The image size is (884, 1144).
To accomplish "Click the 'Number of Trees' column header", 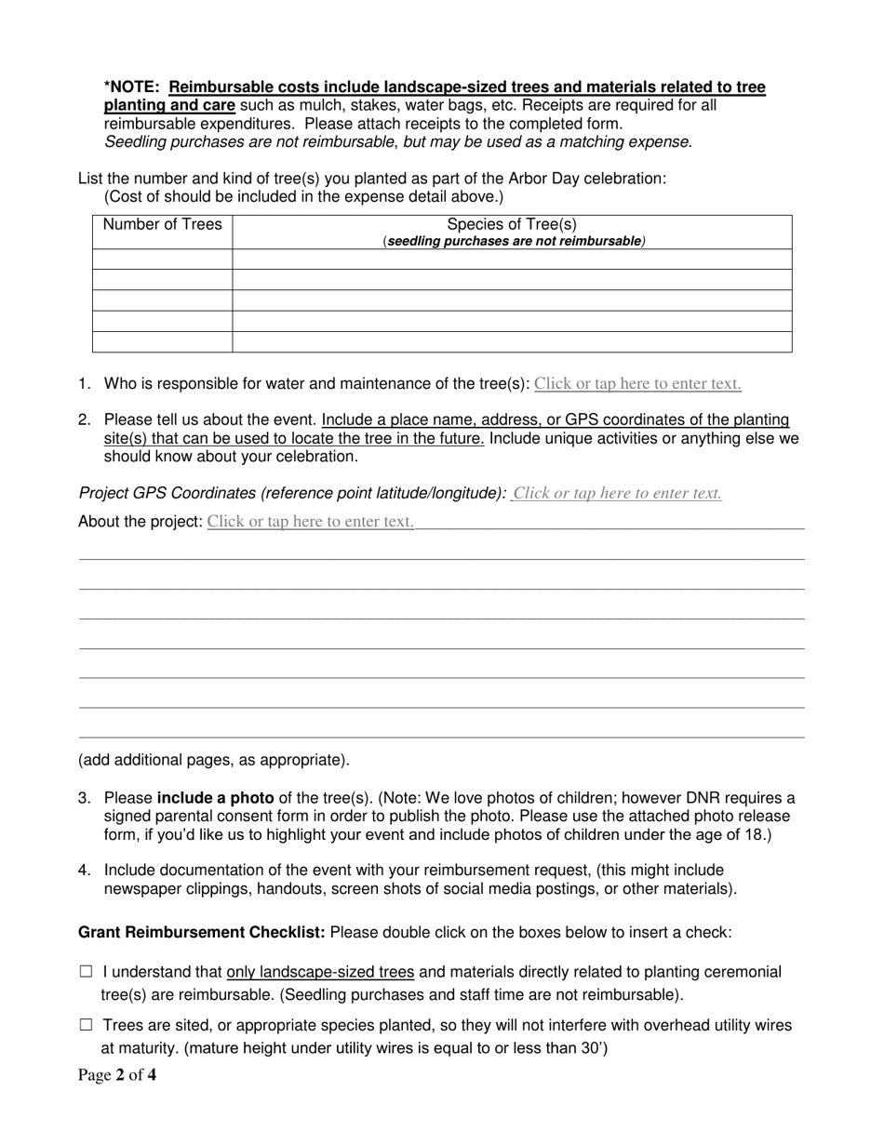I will coord(162,224).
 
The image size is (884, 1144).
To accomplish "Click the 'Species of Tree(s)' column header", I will coord(512,224).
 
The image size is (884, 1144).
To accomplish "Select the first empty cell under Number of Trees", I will coord(162,259).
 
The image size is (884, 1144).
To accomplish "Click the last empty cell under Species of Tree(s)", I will coord(512,342).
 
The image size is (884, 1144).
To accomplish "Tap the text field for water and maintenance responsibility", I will coord(637,383).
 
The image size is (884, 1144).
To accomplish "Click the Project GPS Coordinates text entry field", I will coord(617,493).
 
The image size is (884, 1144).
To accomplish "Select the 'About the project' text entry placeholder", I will coord(310,521).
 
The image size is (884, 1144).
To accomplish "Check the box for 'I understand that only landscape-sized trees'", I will coord(87,972).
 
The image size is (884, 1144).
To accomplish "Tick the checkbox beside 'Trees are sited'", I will coord(87,1025).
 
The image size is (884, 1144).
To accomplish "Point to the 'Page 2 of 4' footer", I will coord(117,1077).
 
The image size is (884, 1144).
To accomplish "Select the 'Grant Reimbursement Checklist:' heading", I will coord(202,932).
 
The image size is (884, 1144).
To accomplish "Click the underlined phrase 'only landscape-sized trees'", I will coord(320,972).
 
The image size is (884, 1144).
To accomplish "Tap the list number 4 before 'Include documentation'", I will coord(85,870).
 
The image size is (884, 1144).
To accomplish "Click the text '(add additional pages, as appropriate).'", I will coord(214,760).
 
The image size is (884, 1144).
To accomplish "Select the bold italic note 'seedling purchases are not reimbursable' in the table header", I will coord(514,241).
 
